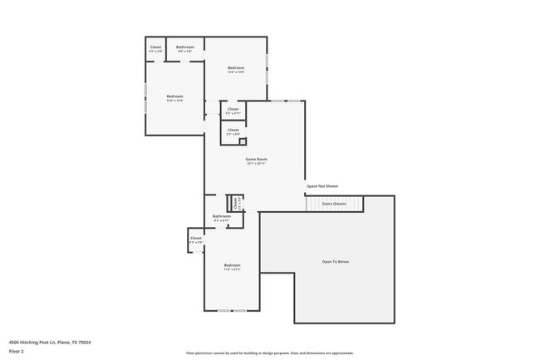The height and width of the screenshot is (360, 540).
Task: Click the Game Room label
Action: pyautogui.click(x=256, y=159)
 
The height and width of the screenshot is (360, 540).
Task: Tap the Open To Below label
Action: pyautogui.click(x=336, y=262)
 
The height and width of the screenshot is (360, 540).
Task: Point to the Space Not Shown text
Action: pyautogui.click(x=322, y=186)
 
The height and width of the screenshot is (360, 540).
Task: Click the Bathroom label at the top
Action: pyautogui.click(x=185, y=47)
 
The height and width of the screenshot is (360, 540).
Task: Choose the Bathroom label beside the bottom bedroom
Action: pyautogui.click(x=221, y=216)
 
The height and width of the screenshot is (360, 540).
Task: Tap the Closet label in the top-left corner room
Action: pyautogui.click(x=155, y=47)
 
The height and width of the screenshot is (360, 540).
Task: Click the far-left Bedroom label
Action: pyautogui.click(x=174, y=96)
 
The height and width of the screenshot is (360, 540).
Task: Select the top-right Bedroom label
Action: pyautogui.click(x=236, y=67)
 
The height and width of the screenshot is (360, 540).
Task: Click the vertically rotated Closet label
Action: pyautogui.click(x=236, y=202)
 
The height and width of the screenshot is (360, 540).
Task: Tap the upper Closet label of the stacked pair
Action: pyautogui.click(x=233, y=109)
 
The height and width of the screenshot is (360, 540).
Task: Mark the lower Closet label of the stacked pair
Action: pyautogui.click(x=233, y=129)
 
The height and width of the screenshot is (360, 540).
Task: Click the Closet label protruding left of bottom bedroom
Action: pyautogui.click(x=196, y=238)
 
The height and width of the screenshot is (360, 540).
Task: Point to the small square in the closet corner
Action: pyautogui.click(x=242, y=141)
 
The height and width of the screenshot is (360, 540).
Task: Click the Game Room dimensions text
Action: pyautogui.click(x=256, y=164)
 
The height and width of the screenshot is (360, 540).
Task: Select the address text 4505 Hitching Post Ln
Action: pyautogui.click(x=49, y=342)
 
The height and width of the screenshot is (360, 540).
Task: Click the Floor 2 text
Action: pyautogui.click(x=16, y=352)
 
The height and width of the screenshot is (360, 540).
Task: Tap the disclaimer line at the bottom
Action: pyautogui.click(x=269, y=353)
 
